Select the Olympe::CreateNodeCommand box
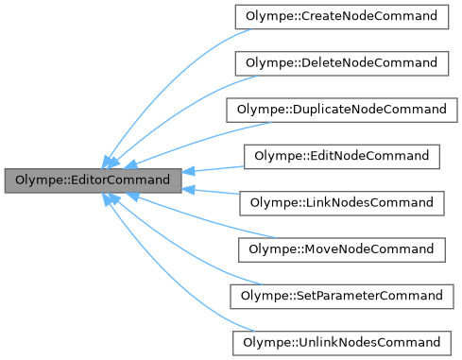click(340, 17)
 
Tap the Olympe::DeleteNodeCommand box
click(340, 63)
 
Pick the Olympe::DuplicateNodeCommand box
click(340, 110)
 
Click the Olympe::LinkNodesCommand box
click(340, 202)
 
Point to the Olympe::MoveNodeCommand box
click(340, 249)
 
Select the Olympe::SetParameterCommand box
click(340, 295)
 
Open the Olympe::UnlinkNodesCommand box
click(340, 341)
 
